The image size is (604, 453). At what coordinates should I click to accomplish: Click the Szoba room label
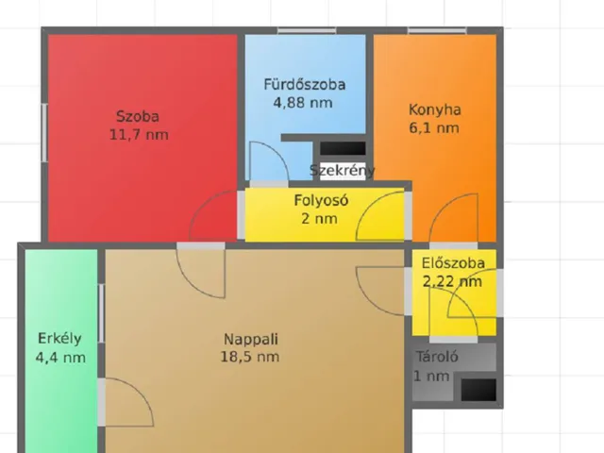pos(138,116)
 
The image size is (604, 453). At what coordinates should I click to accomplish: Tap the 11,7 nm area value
pos(139,135)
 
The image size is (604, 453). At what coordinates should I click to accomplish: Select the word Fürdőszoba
pos(304,84)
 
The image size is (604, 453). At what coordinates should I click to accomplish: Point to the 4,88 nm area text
pos(303,103)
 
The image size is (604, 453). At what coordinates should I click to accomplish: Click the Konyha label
pos(434,109)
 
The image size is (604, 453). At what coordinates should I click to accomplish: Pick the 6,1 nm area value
pos(434,128)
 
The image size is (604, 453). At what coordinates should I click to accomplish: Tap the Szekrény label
pos(342,170)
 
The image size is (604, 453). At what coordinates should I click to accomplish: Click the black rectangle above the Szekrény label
pos(343,148)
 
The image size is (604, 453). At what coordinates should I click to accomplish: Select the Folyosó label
pos(321,200)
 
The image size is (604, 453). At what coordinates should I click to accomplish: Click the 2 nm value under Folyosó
pos(319,219)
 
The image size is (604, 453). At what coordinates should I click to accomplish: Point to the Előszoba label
pos(453,263)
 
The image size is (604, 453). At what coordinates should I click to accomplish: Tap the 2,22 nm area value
pos(452,281)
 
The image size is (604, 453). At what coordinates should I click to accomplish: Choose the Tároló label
pos(437,357)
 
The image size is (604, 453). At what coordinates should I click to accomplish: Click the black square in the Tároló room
pos(478,390)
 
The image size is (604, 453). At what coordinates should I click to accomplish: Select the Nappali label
pos(251,340)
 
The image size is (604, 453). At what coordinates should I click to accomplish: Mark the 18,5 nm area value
pos(249,357)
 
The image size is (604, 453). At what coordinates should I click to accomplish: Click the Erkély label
pos(59,339)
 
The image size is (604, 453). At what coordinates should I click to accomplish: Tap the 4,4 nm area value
pos(60,358)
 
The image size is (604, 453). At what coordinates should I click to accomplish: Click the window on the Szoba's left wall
pos(44,132)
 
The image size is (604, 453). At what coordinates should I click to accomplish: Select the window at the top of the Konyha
pos(437,30)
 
